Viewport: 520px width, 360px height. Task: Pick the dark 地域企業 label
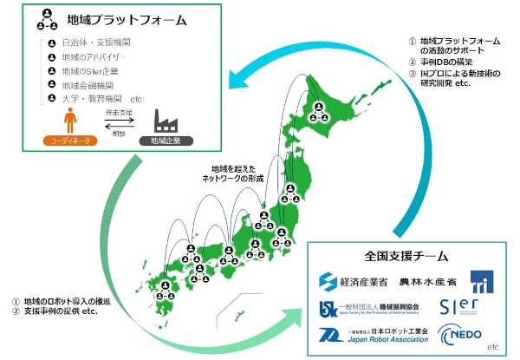(x=163, y=139)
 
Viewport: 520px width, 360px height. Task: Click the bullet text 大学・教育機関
(x=96, y=99)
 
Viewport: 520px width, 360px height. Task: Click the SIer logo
(x=460, y=308)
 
